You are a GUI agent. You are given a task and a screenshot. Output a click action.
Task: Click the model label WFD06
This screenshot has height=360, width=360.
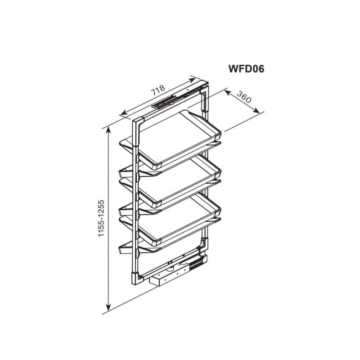coord(246,69)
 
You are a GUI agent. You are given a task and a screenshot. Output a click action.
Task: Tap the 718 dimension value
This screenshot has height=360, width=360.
coord(158,90)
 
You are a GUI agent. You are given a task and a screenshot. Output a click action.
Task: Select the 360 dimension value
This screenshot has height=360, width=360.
coord(244,97)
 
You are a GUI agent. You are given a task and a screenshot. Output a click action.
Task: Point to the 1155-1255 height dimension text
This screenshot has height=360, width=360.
coord(101,218)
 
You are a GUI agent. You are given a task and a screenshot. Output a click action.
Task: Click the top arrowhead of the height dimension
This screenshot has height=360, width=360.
coord(108,130)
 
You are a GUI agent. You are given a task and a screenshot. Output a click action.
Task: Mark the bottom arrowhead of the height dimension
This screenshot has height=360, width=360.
coord(108,307)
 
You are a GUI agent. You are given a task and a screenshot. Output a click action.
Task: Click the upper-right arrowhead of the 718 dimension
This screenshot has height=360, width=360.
coord(192,80)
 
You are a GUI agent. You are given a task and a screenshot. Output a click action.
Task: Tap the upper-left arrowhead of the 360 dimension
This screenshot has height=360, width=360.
coord(228,93)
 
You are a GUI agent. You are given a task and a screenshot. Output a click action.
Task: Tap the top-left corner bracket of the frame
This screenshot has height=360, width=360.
coord(138,131)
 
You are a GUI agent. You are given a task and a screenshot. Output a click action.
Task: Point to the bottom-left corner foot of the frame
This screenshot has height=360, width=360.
coord(137,278)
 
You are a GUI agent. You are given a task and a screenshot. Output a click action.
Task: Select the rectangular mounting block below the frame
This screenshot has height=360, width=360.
coord(165,278)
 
